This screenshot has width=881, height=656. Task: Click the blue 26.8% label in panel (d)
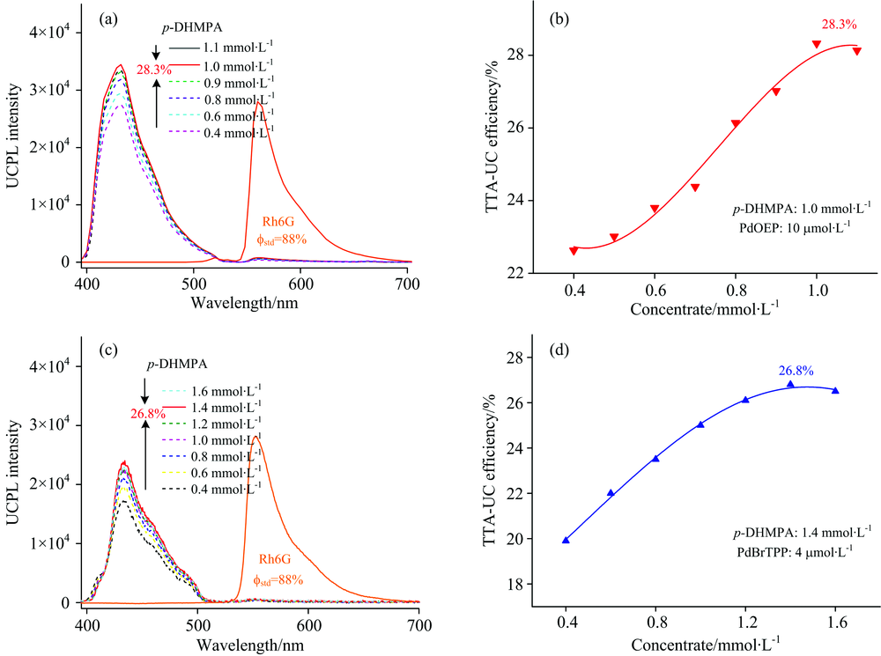tap(796, 371)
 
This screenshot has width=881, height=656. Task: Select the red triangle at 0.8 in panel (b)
tap(736, 124)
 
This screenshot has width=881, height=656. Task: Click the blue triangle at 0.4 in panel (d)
tap(566, 540)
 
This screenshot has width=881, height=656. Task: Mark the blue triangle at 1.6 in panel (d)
tap(835, 390)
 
